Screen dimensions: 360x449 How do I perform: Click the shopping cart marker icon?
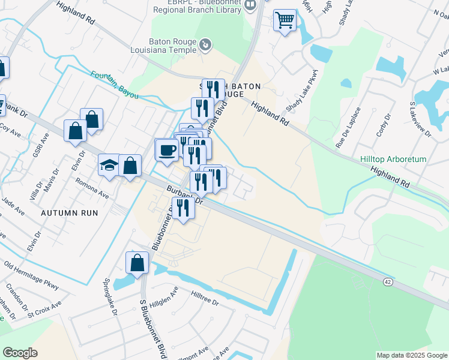click(x=285, y=20)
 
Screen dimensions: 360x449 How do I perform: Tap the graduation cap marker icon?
click(x=109, y=165)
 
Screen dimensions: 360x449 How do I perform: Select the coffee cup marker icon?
click(x=167, y=149)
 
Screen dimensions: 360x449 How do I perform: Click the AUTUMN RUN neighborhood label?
click(x=69, y=213)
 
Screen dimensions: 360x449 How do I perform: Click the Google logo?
click(x=20, y=352)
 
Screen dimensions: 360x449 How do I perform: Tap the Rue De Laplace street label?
click(x=348, y=128)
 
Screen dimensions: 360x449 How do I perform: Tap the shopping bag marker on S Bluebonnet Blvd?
click(x=137, y=263)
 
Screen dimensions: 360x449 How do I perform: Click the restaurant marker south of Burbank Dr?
click(x=183, y=209)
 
